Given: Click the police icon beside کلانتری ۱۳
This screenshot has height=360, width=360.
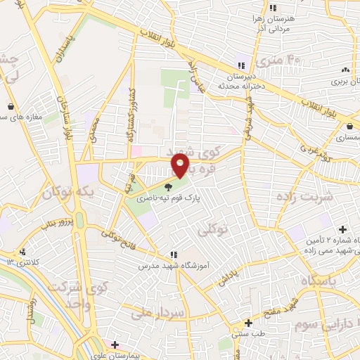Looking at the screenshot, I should coord(23,252).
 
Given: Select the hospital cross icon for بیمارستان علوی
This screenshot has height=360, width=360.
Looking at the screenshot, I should coord(115,345).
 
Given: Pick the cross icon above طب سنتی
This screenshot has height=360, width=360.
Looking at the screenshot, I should coord(248,323).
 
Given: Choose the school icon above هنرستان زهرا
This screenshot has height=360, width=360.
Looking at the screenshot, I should coord(272,7).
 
